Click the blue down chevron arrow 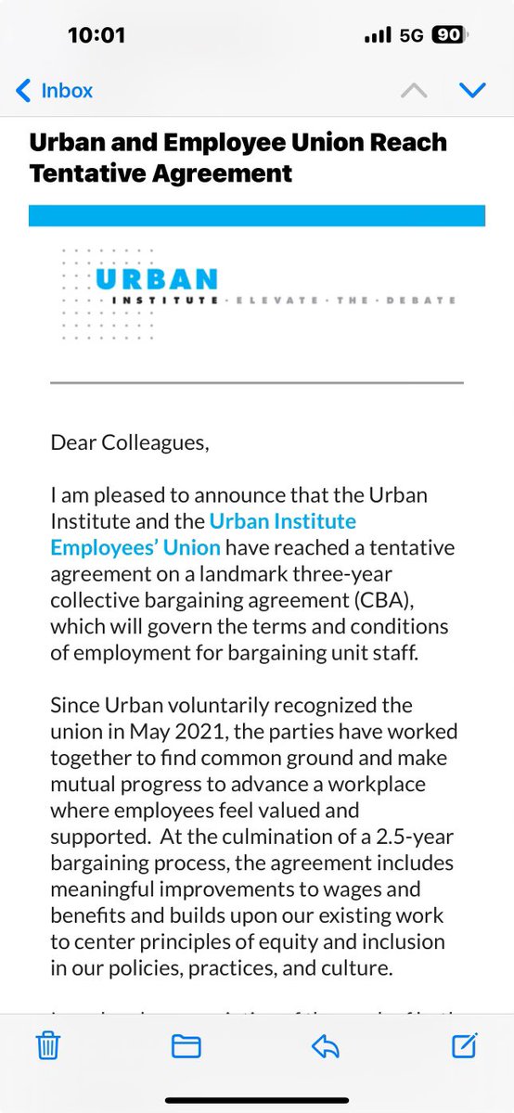click(x=473, y=90)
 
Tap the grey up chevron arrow click(x=414, y=90)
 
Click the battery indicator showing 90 click(x=449, y=35)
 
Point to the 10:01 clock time click(x=96, y=35)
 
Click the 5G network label click(x=411, y=35)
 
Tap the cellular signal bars click(x=378, y=35)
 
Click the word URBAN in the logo click(x=156, y=278)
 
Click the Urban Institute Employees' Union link click(x=203, y=534)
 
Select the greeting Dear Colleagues click(x=131, y=442)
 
